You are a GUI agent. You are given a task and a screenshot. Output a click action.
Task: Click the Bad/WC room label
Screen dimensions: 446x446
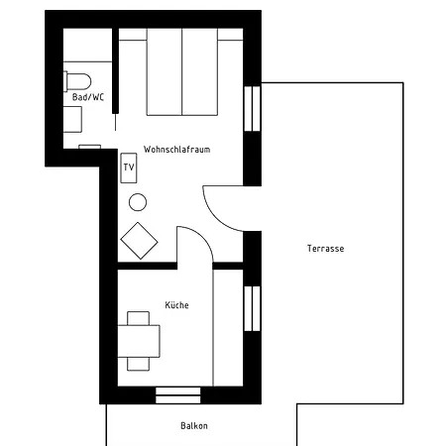(x=88, y=97)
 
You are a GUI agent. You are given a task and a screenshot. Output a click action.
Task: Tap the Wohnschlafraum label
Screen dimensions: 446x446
(x=176, y=150)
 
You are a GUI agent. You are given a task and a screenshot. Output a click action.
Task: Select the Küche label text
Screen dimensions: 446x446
(x=176, y=304)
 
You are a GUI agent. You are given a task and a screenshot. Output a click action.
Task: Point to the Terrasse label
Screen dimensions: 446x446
(x=325, y=249)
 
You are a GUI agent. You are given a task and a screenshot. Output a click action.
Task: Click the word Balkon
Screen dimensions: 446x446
(x=194, y=425)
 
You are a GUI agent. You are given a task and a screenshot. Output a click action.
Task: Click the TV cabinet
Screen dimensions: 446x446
(x=129, y=167)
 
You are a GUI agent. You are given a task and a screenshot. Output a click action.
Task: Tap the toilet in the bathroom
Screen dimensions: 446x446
(x=77, y=81)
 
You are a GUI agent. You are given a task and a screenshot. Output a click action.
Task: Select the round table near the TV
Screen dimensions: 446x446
(x=138, y=202)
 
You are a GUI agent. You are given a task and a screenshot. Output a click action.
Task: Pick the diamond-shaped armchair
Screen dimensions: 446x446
(x=139, y=241)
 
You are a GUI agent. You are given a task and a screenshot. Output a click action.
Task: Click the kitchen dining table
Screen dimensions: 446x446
(x=139, y=341)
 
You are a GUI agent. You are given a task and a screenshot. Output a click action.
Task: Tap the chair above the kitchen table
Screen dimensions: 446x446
(x=138, y=318)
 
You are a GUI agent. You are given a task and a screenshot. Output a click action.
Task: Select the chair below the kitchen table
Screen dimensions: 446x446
(x=138, y=364)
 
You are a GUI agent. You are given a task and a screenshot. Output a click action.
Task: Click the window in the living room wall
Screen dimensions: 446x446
(x=252, y=109)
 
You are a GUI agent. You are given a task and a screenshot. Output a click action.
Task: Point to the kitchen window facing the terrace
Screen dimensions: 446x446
(x=252, y=308)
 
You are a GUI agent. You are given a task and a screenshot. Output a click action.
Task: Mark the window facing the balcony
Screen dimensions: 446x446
(x=178, y=395)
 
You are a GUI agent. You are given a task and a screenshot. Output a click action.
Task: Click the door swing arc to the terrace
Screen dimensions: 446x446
(x=215, y=218)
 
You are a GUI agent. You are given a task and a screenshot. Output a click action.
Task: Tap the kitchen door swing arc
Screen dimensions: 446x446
(x=202, y=237)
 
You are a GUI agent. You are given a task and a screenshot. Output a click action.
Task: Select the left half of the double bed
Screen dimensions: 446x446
(x=165, y=72)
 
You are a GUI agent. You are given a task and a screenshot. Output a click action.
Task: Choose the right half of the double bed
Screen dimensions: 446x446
(x=200, y=72)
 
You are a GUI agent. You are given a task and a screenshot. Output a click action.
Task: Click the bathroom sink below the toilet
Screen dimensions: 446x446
(x=72, y=119)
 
